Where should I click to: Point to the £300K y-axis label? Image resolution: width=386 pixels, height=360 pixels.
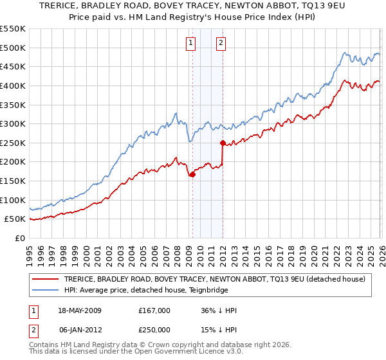coord(13,123)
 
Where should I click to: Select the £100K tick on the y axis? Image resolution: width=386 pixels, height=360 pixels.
coord(13,200)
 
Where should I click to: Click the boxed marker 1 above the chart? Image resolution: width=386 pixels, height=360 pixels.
coord(192,43)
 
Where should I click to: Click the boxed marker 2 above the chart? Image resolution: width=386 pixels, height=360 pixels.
coord(221,43)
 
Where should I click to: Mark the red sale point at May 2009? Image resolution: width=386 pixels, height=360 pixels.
coord(192,174)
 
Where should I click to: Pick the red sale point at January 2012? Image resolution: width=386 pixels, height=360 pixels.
coord(223,143)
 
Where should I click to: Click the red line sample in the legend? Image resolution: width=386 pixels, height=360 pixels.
coord(46,279)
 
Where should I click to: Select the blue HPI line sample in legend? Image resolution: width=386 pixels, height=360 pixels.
coord(46,290)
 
